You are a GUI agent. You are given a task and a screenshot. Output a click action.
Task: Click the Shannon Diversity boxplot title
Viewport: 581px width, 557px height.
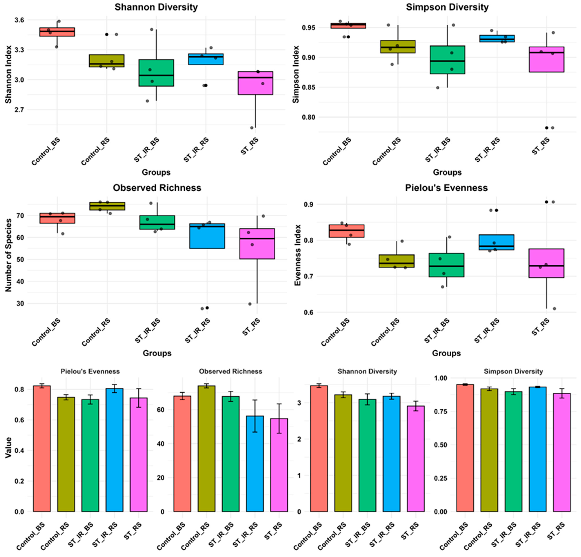click(156, 7)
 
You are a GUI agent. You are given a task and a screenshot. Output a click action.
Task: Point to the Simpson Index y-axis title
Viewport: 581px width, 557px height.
click(296, 74)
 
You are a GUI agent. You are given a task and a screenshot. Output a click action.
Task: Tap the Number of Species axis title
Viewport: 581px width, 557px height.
click(8, 255)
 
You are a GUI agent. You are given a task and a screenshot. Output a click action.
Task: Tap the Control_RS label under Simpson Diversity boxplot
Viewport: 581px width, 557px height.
click(387, 151)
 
